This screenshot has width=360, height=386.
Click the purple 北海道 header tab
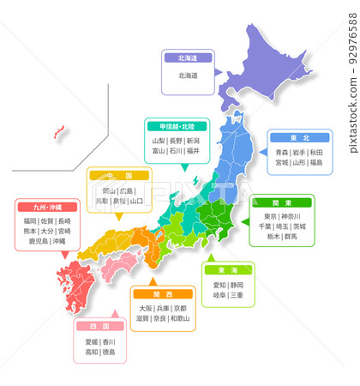(x=188, y=58)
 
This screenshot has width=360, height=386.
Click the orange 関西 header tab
(x=162, y=293)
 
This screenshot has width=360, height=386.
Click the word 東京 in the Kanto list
(x=269, y=216)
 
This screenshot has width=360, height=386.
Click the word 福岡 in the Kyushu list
(x=31, y=220)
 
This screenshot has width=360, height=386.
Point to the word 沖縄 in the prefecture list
(x=57, y=242)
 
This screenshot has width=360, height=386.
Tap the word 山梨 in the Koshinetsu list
(x=159, y=140)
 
